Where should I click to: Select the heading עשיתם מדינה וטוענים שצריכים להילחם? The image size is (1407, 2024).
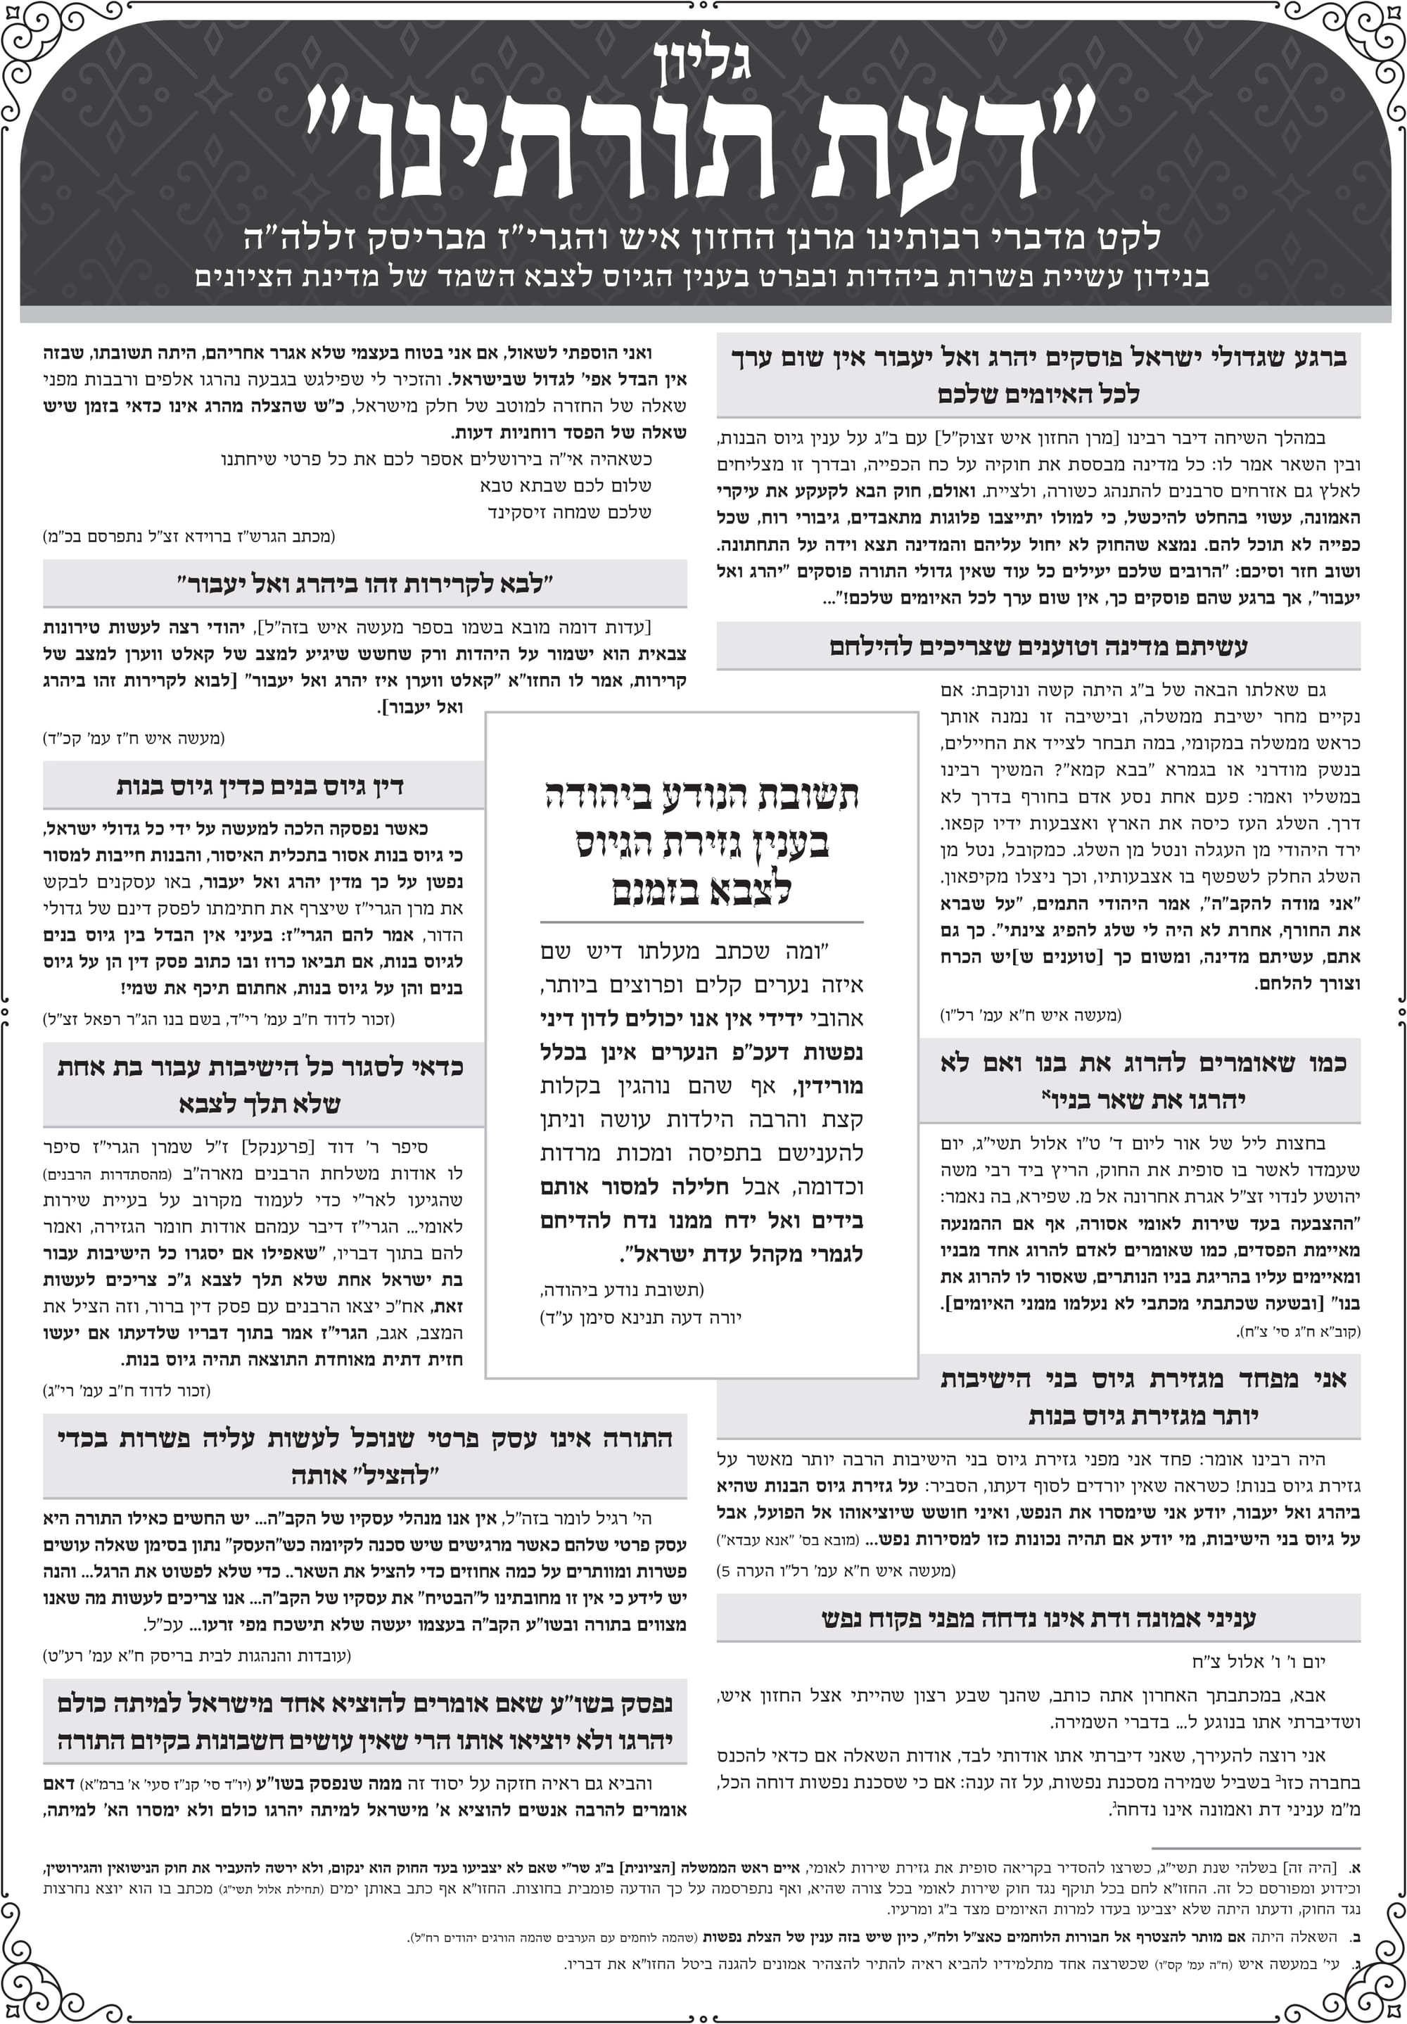coord(1038,646)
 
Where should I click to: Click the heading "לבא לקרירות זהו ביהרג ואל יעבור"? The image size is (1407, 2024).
coord(364,585)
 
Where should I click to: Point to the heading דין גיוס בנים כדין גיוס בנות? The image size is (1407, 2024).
coord(261,785)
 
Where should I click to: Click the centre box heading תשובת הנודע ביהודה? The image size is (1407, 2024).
coord(701,842)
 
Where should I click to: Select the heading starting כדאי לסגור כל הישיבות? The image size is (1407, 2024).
coord(261,1084)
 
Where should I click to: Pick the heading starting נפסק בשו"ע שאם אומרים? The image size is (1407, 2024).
coord(364,1721)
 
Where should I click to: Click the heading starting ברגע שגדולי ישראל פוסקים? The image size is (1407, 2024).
coord(1038,376)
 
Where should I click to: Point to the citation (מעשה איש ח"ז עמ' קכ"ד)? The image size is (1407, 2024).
coord(134,738)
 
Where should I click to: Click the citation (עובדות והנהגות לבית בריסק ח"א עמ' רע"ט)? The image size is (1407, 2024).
coord(196,1655)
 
